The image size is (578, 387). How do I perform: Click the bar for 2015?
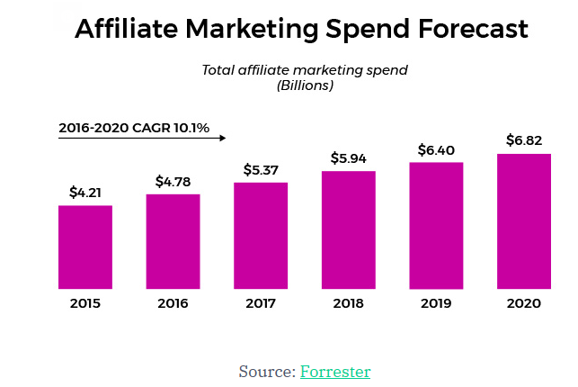85,247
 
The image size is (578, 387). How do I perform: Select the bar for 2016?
173,241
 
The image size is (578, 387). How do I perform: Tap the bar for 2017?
261,235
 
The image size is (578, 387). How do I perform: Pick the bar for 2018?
349,229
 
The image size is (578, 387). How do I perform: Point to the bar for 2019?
436,225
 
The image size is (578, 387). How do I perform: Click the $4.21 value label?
86,192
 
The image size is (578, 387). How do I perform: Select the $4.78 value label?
173,181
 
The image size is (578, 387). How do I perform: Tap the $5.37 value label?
262,169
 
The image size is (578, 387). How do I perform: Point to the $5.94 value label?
349,158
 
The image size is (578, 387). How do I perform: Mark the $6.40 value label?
437,149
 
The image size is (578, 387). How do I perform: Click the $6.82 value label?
524,139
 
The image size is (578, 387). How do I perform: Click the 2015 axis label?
85,303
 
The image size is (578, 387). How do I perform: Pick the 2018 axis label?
349,303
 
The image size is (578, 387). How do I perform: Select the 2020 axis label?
524,303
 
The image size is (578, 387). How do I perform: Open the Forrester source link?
335,371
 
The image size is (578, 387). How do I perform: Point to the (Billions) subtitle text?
305,86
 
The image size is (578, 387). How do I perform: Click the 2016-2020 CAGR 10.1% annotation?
134,128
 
